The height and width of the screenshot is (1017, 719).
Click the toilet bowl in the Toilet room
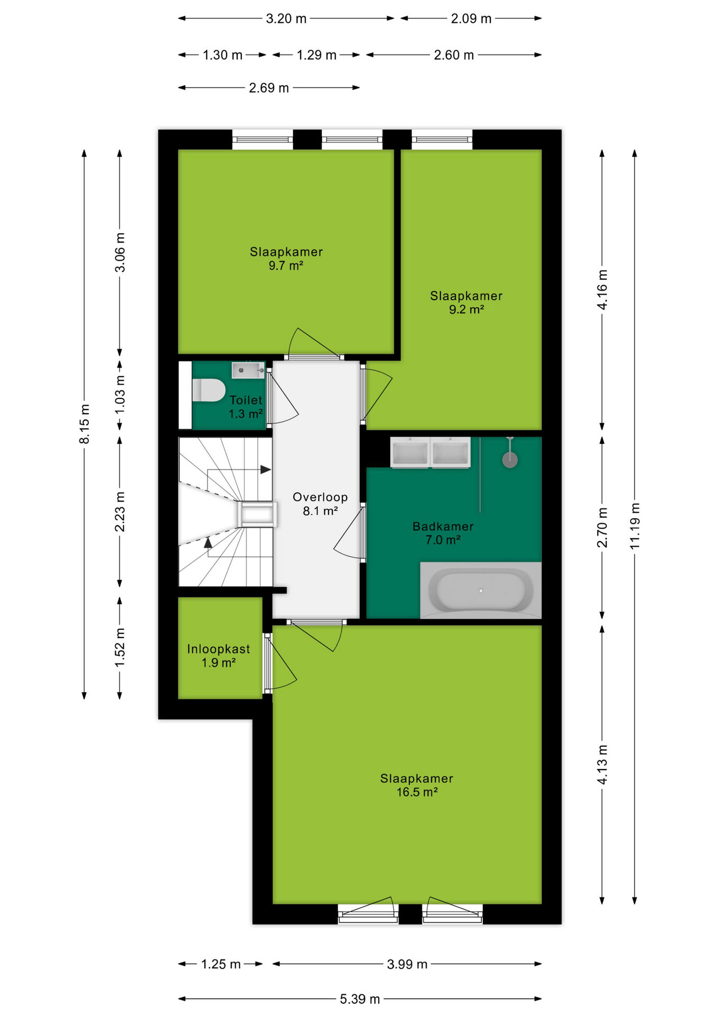click(x=209, y=390)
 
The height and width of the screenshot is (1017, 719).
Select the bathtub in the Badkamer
click(x=481, y=590)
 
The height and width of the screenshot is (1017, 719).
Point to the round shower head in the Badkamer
click(x=510, y=460)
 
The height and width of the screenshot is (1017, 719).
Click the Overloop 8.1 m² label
click(x=320, y=504)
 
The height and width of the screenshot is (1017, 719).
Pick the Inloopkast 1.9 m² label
click(x=219, y=655)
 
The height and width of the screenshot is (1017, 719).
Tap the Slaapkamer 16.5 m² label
click(x=417, y=785)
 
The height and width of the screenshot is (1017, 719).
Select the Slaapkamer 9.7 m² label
click(x=286, y=258)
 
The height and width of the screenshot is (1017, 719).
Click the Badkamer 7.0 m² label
click(x=443, y=533)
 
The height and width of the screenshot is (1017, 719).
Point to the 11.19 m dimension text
click(x=635, y=526)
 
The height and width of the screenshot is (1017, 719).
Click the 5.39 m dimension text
click(x=360, y=999)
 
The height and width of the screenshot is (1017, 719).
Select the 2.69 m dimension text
click(x=269, y=88)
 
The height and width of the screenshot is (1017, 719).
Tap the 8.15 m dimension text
click(x=85, y=424)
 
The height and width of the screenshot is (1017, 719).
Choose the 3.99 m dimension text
click(x=407, y=964)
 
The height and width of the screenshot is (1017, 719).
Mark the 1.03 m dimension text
click(x=120, y=395)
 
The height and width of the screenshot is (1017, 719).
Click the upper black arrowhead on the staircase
click(x=266, y=469)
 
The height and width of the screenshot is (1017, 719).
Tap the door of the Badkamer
click(x=350, y=532)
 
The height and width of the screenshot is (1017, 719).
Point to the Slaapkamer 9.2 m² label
click(x=466, y=302)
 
